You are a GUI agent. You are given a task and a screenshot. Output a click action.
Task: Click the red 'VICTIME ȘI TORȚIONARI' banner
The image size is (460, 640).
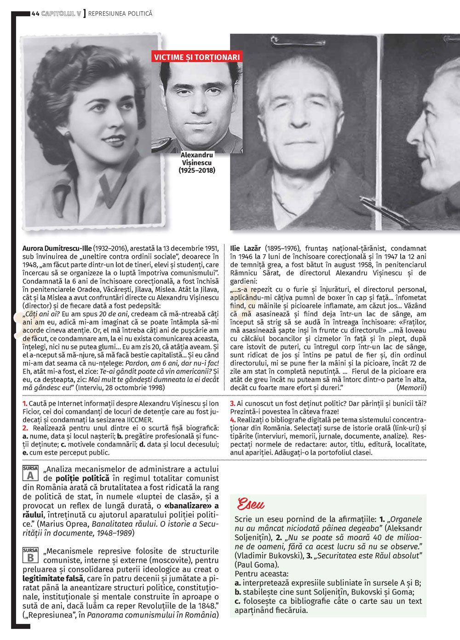point(197,57)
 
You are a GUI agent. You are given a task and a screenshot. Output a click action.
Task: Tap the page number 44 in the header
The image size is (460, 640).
point(35,14)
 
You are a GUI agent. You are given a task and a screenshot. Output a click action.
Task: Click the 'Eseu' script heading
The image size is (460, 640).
point(251,504)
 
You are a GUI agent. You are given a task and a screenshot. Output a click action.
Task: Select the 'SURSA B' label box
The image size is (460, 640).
point(30,555)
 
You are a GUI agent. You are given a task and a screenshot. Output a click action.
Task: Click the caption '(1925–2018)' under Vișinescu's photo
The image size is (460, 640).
point(197,170)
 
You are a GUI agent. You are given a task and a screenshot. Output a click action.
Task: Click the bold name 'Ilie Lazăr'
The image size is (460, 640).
point(245,249)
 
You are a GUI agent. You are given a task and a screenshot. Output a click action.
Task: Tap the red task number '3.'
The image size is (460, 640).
point(233,404)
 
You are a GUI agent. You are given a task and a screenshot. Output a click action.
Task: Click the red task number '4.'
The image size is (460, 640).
point(233,420)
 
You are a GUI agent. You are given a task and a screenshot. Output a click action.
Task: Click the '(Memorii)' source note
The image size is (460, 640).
point(411,388)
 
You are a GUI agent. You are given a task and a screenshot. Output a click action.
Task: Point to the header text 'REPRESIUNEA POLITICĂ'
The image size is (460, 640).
point(120,14)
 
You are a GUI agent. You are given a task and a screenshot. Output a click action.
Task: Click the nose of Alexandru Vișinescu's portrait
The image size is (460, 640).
point(199,104)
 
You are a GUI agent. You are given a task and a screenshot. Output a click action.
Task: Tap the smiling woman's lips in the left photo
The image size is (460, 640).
point(114,140)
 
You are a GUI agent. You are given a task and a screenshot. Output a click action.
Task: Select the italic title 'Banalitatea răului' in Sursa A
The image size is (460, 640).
point(124,524)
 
